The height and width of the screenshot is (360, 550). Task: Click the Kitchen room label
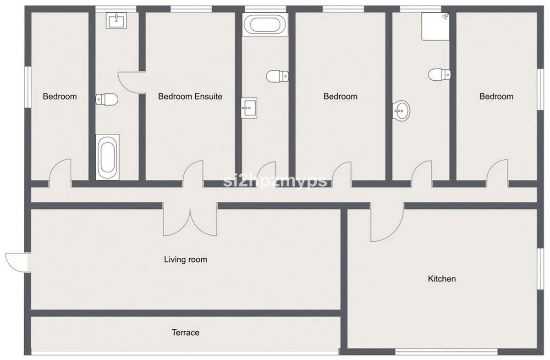click(x=442, y=279)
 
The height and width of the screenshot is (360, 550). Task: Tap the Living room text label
click(x=186, y=260)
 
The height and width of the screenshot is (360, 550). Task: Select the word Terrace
click(x=185, y=332)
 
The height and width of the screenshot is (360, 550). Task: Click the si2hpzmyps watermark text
click(x=275, y=181)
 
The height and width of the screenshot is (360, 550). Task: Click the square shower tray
click(x=435, y=26)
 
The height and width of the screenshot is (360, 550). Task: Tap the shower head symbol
click(x=445, y=16)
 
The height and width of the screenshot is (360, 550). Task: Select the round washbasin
click(x=401, y=111)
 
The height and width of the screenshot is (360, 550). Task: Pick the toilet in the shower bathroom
click(x=440, y=74)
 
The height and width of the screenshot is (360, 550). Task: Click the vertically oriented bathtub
click(x=107, y=157)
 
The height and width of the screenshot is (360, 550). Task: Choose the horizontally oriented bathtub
click(x=265, y=24)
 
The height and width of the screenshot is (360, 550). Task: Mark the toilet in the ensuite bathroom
click(x=107, y=99)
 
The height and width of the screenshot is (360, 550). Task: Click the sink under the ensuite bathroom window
click(x=116, y=21)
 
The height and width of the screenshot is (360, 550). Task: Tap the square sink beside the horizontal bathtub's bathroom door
click(x=249, y=108)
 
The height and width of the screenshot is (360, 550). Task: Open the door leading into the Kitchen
click(x=387, y=222)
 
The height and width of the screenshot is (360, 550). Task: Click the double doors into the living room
click(x=190, y=219)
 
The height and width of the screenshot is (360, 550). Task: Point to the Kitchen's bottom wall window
click(x=446, y=352)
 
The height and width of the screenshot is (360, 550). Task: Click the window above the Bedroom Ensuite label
click(x=191, y=9)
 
